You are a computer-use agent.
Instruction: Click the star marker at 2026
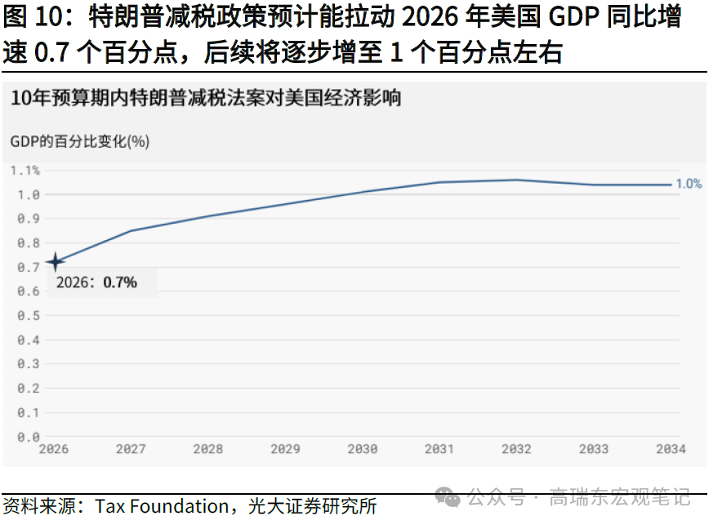pos(56,262)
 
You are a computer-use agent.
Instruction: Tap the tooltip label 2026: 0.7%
pos(96,283)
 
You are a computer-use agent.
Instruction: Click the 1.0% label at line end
pos(688,185)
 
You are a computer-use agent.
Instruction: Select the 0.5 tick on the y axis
pos(29,316)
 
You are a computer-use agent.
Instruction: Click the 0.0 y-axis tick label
pos(29,438)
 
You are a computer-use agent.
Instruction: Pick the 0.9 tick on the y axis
pos(29,219)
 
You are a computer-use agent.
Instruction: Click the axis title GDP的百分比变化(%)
pos(80,141)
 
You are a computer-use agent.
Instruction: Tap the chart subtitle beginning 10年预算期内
pos(206,99)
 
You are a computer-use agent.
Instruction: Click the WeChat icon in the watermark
pos(448,496)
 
